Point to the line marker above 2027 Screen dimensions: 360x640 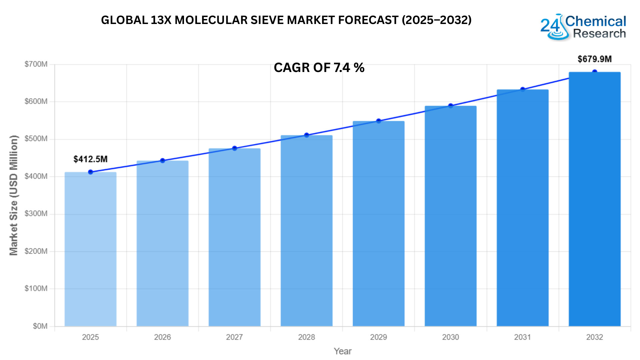point(235,148)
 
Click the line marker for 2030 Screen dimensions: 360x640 point(451,106)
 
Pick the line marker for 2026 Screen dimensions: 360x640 point(163,161)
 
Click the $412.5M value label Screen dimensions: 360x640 point(90,159)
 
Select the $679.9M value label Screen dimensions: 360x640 point(594,59)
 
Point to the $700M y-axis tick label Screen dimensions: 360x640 point(36,64)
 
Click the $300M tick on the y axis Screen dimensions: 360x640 point(36,214)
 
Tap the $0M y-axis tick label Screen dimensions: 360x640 point(40,326)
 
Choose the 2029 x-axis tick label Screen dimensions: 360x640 point(378,337)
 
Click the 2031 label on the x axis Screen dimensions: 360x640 point(522,337)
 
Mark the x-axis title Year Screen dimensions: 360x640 point(343,351)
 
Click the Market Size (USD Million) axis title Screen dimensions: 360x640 point(13,195)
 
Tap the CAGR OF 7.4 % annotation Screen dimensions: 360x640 point(319,68)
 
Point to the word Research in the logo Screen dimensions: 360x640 point(599,34)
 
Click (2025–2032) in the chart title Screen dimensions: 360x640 point(437,20)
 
